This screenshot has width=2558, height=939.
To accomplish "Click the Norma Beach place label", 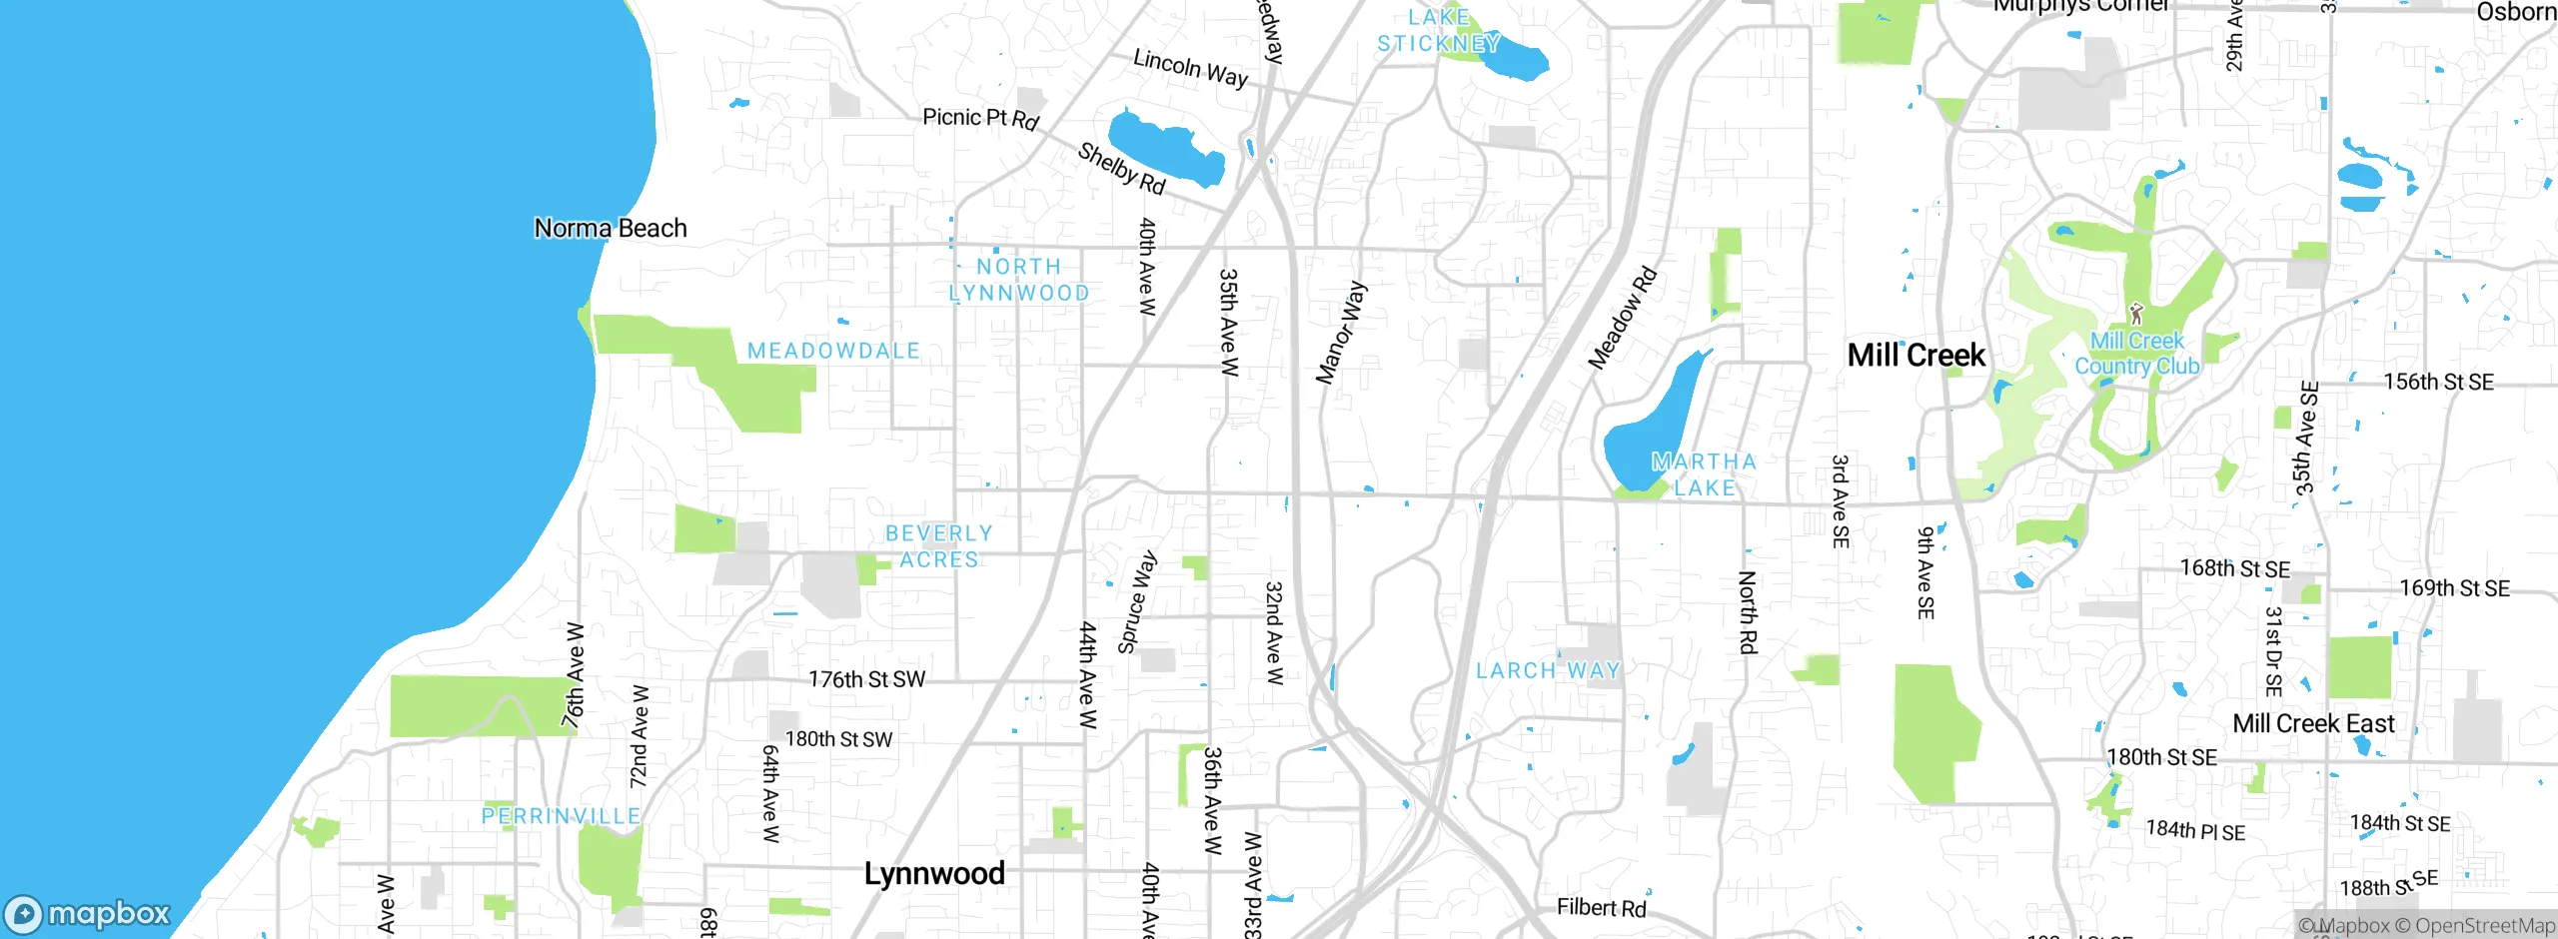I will [611, 229].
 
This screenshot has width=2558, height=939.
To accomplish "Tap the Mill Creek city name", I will [1916, 356].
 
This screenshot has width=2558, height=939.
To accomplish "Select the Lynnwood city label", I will [934, 874].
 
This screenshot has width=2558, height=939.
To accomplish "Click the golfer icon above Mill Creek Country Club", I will [2136, 315].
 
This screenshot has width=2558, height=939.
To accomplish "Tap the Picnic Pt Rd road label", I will [980, 119].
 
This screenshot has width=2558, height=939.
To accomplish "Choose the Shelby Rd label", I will [1121, 168].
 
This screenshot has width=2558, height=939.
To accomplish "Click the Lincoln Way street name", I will [1190, 69].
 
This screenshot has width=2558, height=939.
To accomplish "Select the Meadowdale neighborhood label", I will [833, 352].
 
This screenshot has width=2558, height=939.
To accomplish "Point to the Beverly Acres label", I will [939, 547].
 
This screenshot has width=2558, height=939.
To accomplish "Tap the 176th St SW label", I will [866, 680].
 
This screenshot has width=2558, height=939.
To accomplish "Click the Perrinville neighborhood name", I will [561, 817].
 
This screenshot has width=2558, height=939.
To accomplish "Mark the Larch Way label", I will [1548, 671].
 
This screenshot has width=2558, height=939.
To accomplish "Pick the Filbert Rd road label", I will [1601, 908].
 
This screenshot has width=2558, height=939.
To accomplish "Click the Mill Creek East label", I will [2313, 724].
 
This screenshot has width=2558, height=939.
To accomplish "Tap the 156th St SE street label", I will [2438, 383].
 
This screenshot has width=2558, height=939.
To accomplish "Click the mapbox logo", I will [88, 913].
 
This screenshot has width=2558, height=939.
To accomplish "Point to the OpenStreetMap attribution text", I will [2484, 926].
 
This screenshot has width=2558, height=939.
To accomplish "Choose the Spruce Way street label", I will [1137, 602].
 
